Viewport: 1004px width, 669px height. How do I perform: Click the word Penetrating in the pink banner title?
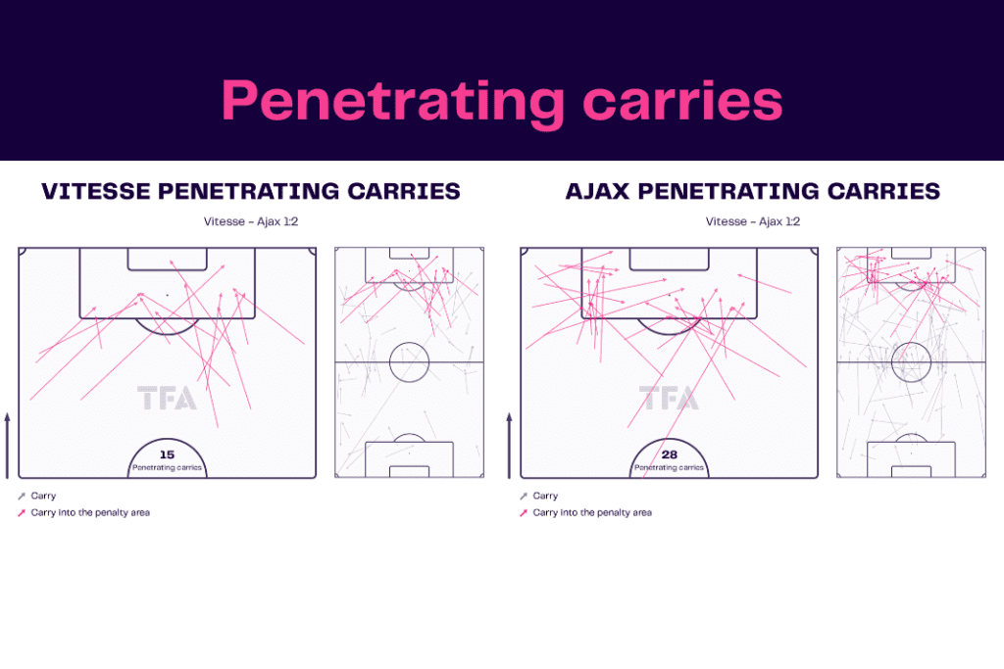393,102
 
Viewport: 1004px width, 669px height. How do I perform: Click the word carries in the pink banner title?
682,101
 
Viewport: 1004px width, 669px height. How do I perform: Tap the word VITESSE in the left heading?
96,191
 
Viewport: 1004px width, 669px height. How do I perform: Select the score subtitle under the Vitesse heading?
251,221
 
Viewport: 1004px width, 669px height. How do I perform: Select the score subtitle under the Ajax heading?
753,221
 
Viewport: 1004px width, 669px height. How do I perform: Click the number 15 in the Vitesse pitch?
167,454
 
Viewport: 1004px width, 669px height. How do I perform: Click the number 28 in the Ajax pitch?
669,454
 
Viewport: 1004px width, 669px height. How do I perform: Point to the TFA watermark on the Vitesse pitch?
167,398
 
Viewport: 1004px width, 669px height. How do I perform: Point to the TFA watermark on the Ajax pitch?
669,398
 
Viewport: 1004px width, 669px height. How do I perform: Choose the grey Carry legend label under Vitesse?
43,496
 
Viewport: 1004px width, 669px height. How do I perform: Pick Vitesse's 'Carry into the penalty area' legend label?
90,512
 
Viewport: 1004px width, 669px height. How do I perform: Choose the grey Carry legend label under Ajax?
545,496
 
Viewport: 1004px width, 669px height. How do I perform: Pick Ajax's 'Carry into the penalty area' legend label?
592,512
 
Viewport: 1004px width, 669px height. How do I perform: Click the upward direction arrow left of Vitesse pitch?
8,445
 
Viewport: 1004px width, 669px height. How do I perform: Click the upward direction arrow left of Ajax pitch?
510,445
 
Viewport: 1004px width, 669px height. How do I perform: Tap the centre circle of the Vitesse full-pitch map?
409,362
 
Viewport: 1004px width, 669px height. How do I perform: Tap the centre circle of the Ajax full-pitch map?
911,362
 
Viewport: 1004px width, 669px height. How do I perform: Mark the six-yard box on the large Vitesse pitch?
167,259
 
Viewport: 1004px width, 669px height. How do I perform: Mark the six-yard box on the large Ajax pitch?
669,259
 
